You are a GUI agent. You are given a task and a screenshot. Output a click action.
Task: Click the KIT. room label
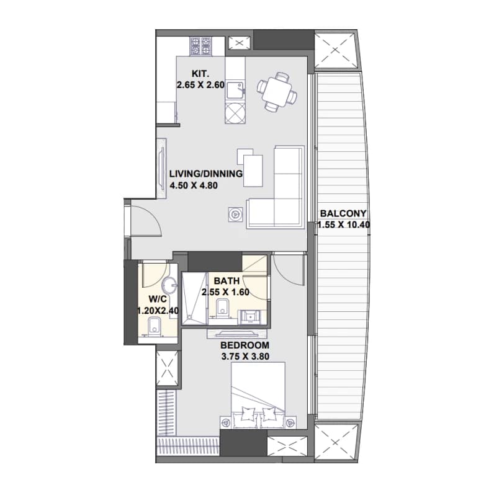click(200, 74)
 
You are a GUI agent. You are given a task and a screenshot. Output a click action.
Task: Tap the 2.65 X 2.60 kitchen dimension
click(200, 85)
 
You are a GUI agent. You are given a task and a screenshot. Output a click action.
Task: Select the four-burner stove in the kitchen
click(200, 47)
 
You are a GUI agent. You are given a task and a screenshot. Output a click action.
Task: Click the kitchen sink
click(235, 91)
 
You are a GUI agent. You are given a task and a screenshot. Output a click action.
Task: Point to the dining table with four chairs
click(277, 92)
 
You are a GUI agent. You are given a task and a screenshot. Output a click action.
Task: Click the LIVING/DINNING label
click(206, 174)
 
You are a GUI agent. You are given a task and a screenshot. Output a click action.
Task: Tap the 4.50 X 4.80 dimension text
click(194, 185)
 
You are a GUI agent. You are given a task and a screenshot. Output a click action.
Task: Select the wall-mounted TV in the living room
click(162, 169)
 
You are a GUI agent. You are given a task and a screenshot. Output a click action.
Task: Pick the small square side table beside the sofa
click(236, 215)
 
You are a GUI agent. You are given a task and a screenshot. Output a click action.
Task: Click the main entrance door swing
click(146, 221)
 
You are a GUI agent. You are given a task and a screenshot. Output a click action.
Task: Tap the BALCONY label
click(343, 213)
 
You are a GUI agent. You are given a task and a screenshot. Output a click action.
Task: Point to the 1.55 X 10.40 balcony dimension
click(343, 225)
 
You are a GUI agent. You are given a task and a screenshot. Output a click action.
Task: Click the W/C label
click(158, 299)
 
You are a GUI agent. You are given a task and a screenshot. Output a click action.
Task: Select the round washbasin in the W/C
click(169, 285)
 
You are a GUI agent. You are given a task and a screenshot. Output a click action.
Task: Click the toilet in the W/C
click(154, 326)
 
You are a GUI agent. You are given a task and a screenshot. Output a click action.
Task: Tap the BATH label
click(227, 281)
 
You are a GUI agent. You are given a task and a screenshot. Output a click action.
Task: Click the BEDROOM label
click(245, 345)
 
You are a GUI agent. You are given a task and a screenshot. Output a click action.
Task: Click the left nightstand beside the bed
click(225, 422)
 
